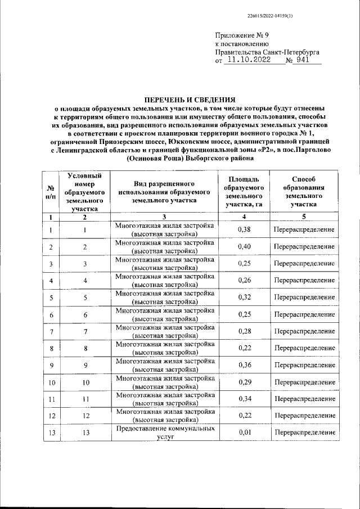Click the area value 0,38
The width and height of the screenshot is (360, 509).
(x=244, y=230)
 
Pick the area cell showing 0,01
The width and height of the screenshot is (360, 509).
(x=244, y=433)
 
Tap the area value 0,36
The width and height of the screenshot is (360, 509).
(x=244, y=365)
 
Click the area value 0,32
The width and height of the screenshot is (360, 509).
(x=244, y=298)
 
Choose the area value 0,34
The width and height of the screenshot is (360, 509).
(x=244, y=399)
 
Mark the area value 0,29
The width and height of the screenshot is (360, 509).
(x=244, y=382)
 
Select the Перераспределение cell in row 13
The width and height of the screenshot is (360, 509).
(x=304, y=433)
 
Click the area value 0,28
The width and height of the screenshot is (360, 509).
(x=244, y=331)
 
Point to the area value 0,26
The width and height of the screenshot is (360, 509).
(x=244, y=281)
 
